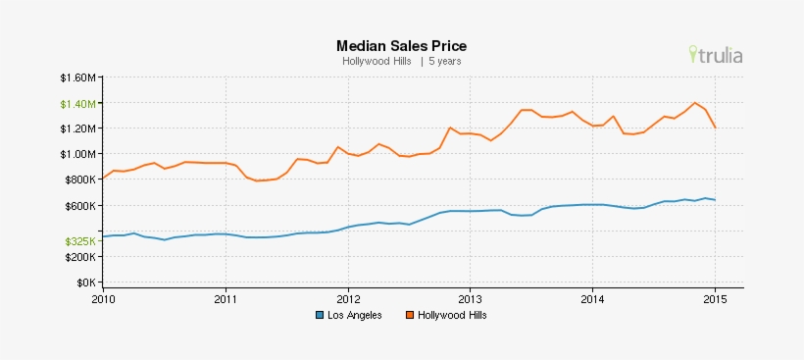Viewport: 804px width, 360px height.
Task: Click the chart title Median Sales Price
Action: [401, 45]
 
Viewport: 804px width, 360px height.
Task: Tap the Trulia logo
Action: [716, 55]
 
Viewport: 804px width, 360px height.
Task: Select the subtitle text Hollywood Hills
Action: [377, 61]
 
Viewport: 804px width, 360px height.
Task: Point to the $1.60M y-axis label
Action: [77, 77]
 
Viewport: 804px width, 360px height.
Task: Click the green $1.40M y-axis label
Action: [77, 103]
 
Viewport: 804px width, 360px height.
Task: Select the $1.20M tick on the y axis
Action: [77, 129]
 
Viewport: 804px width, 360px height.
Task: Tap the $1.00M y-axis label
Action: [77, 154]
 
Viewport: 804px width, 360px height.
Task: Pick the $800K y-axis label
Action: [80, 180]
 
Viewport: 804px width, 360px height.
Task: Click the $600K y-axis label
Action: [80, 206]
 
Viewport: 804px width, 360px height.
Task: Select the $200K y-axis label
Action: [80, 257]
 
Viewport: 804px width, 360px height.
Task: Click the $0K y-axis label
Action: [85, 283]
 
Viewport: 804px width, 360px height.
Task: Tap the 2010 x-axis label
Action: [103, 299]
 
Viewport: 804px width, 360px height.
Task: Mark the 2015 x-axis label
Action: [714, 299]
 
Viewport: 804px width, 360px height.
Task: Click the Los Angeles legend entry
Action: [348, 316]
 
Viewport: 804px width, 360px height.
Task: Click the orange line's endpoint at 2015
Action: [715, 128]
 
